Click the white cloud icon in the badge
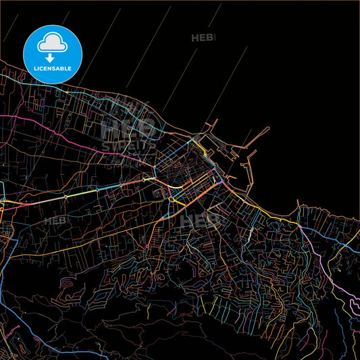(x=52, y=43)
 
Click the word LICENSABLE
(x=52, y=69)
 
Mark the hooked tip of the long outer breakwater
(x=269, y=128)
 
